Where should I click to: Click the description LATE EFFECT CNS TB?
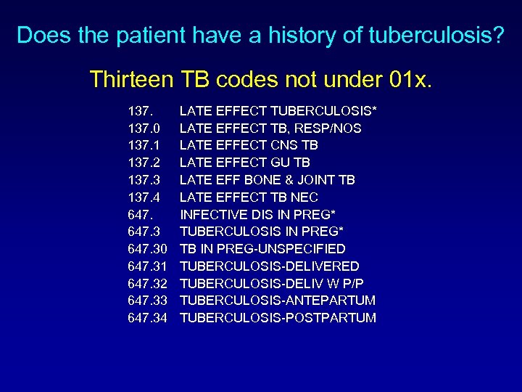click(x=249, y=145)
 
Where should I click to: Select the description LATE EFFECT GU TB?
click(x=246, y=163)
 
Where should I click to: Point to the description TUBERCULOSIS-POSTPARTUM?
click(x=278, y=317)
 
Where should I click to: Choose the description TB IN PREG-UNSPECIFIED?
click(x=262, y=248)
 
